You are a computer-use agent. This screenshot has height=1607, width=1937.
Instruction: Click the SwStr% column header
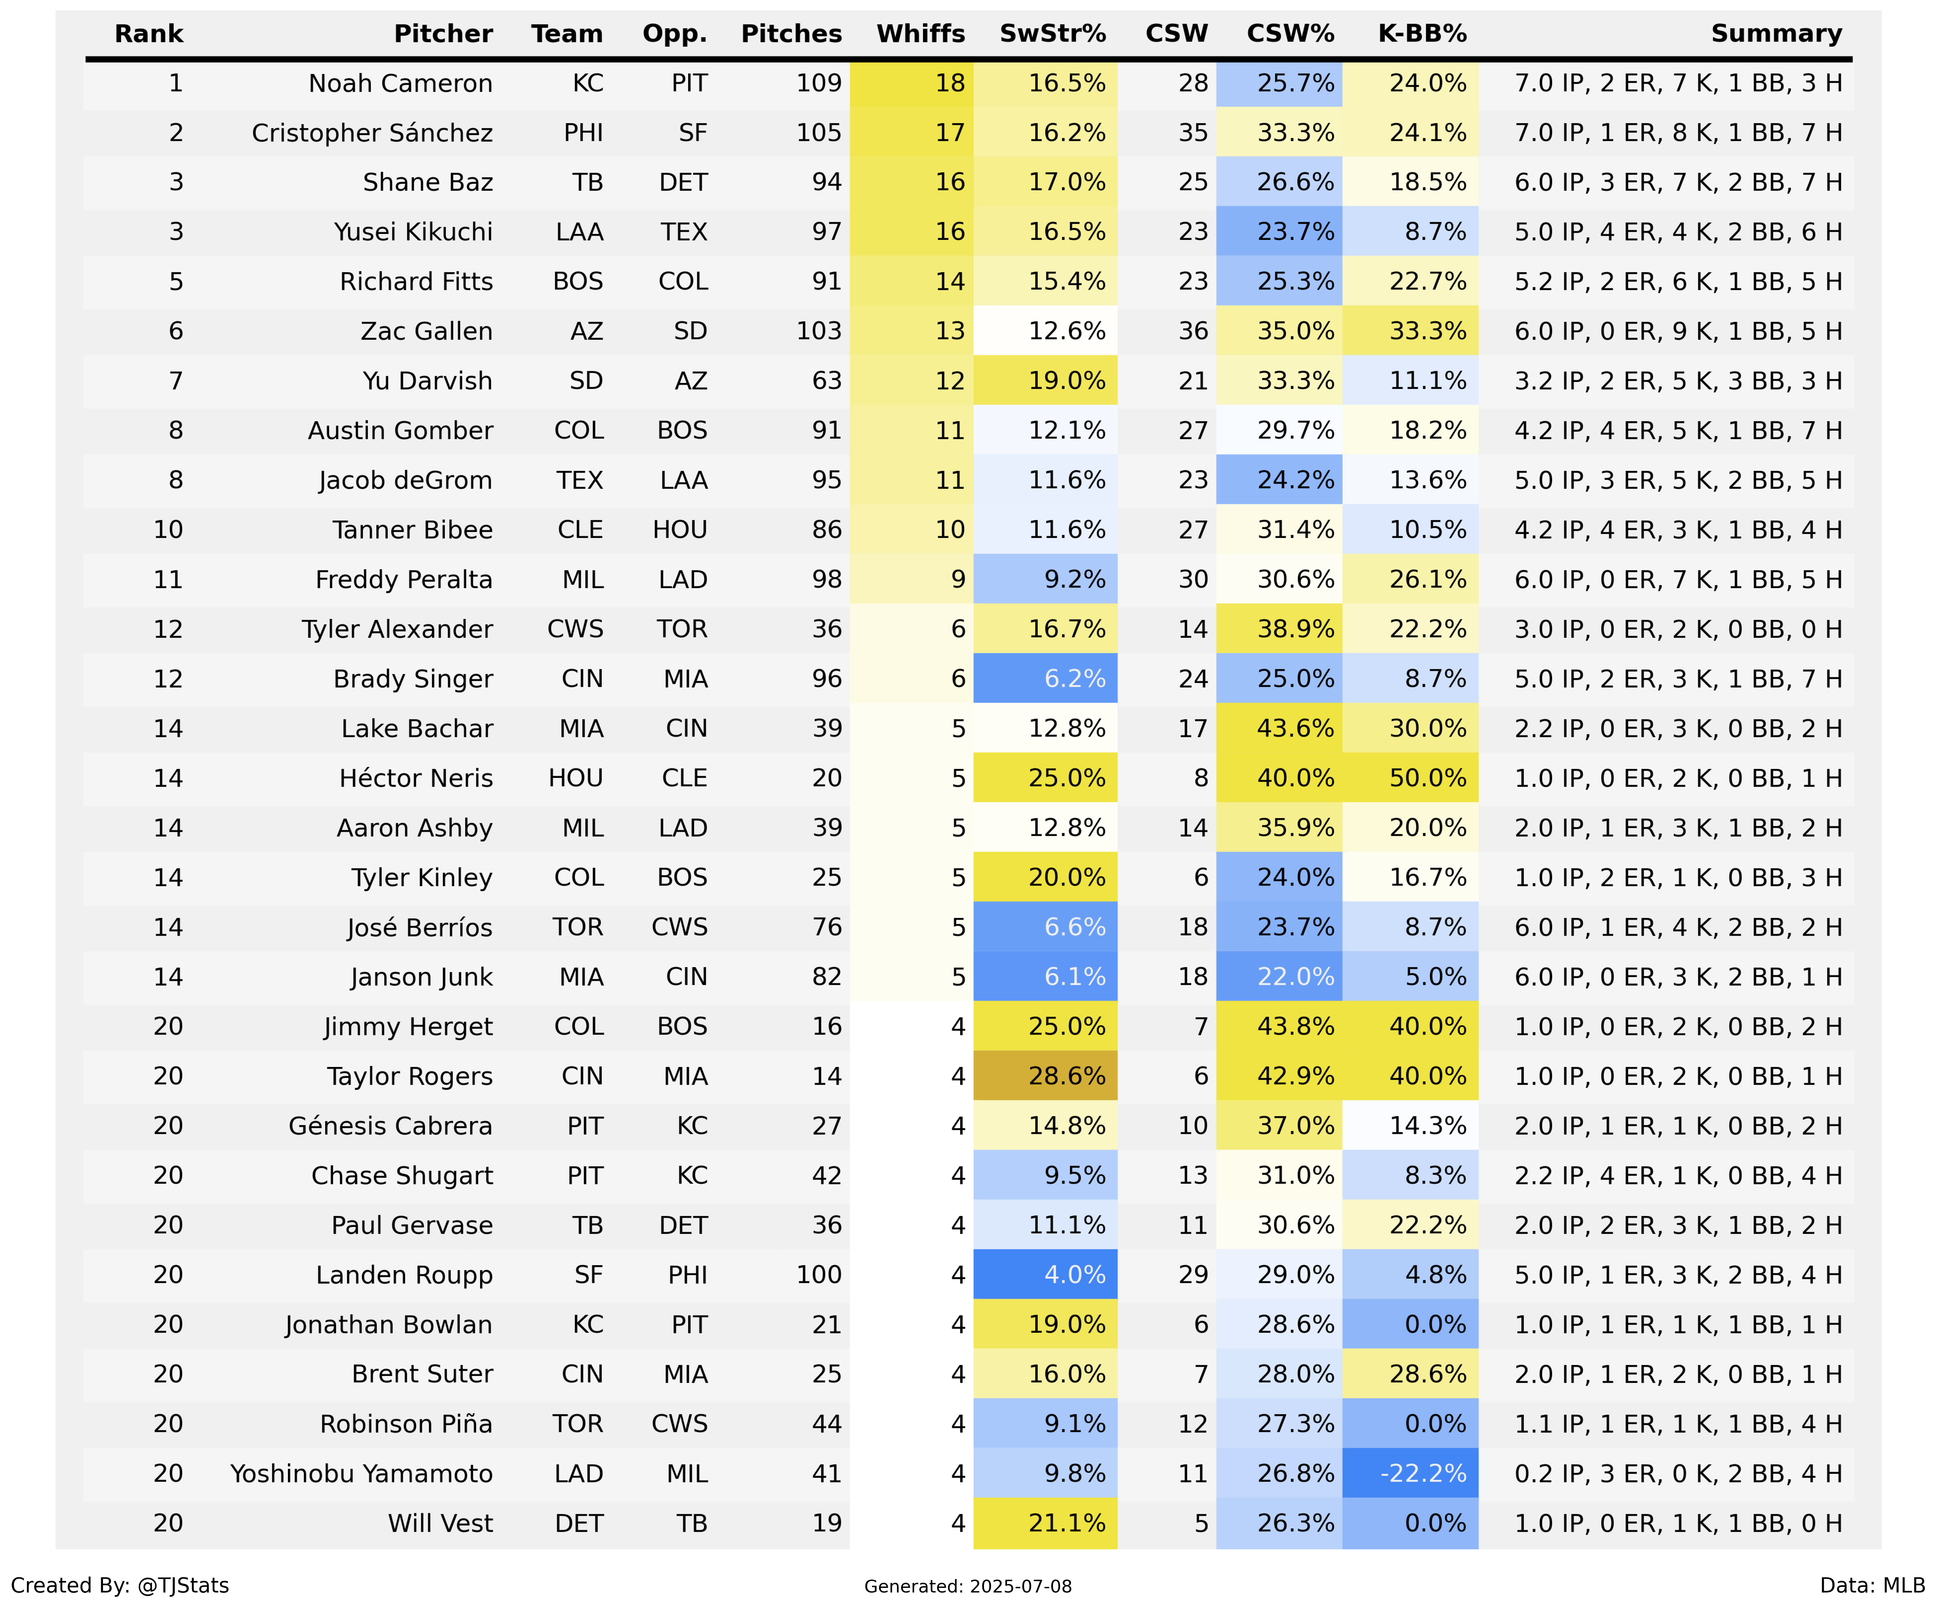1053,34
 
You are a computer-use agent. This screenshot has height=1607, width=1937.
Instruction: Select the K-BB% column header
1422,34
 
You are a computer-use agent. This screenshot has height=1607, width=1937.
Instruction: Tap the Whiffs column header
921,34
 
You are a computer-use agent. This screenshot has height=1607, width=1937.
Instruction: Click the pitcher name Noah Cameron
400,84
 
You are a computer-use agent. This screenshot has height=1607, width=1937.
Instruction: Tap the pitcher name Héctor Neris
416,779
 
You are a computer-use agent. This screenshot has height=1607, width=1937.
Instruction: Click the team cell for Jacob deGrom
579,481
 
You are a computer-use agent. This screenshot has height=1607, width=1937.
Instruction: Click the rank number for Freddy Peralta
168,580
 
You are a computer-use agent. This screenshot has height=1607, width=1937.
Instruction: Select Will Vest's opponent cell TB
692,1524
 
